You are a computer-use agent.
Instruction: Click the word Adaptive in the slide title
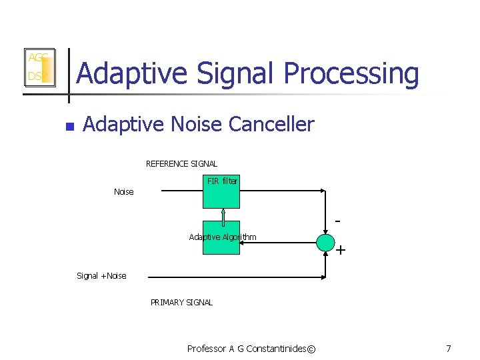coord(124,73)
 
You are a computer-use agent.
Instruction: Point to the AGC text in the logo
coord(37,58)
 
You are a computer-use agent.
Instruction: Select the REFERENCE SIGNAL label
coord(181,164)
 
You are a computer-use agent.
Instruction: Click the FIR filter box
coord(221,192)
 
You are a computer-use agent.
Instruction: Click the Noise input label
coord(123,192)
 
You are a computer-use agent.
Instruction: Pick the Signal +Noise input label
coord(101,276)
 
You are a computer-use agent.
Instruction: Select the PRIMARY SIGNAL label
coord(181,303)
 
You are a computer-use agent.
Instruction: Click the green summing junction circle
coord(325,243)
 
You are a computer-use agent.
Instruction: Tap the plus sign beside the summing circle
coord(341,251)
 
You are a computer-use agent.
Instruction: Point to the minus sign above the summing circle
coord(338,219)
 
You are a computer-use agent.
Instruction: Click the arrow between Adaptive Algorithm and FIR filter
coord(221,215)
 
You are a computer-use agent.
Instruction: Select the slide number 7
coord(449,349)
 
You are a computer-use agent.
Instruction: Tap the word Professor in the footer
coord(207,349)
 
